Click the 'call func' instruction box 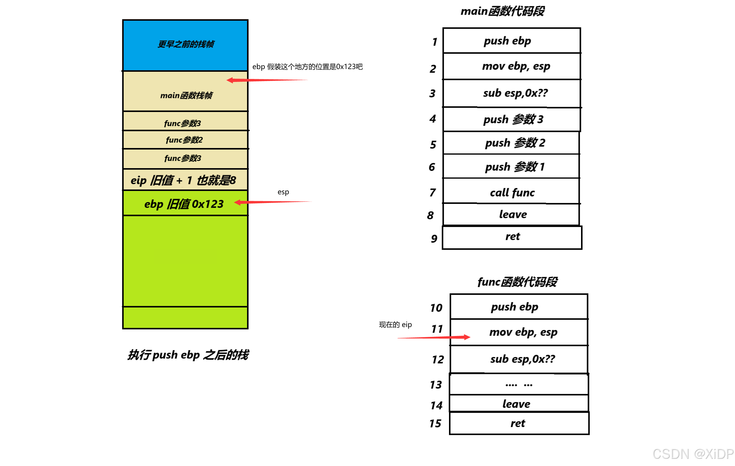[x=512, y=192]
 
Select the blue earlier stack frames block [x=185, y=45]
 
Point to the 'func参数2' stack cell [x=184, y=140]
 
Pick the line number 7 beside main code [x=432, y=192]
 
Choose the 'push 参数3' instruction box [x=512, y=120]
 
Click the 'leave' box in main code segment [x=512, y=214]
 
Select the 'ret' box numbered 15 [x=519, y=423]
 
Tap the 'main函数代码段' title [x=502, y=11]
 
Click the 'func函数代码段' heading [x=517, y=282]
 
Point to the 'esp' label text [x=283, y=192]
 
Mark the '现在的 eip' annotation [x=395, y=325]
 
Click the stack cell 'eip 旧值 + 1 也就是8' [x=183, y=180]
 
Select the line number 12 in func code [x=438, y=359]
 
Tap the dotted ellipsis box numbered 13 [x=519, y=384]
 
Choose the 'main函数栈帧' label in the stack [x=186, y=95]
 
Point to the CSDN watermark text [x=693, y=454]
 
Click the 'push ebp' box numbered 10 [x=519, y=307]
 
